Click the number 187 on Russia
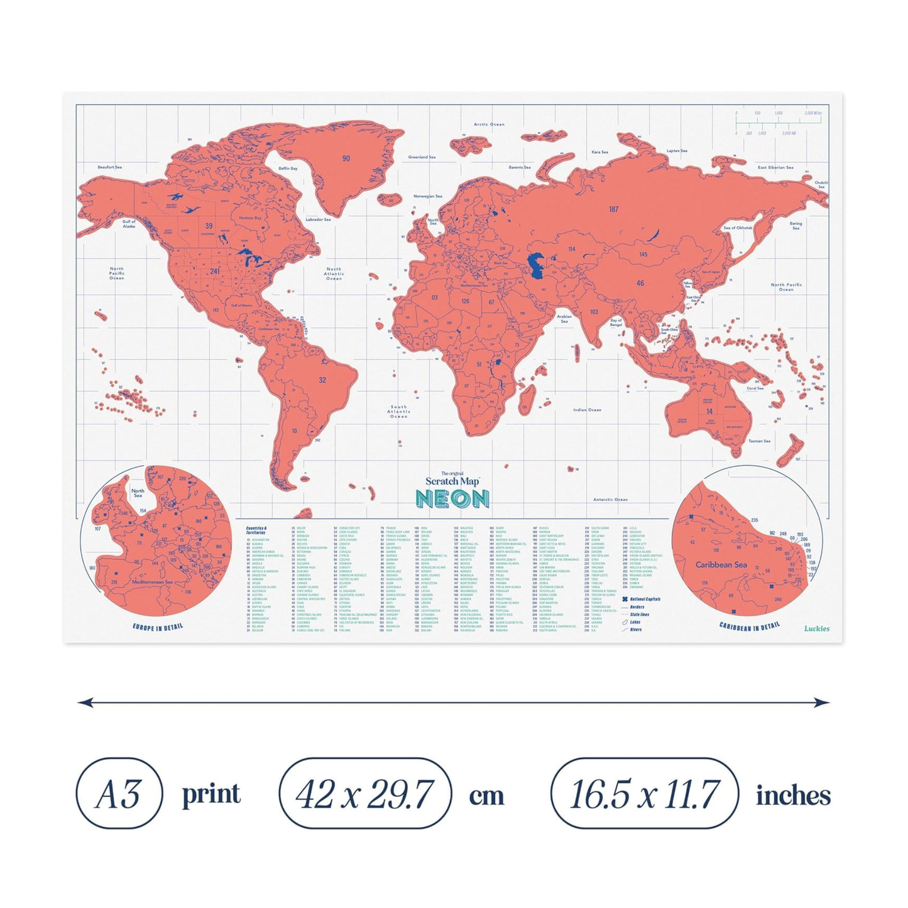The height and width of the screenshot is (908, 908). point(613,209)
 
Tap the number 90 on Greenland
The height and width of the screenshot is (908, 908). point(346,158)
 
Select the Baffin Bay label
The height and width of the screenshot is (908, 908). point(288,168)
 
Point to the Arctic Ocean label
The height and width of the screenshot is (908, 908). point(489,124)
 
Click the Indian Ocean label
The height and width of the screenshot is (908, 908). point(587,410)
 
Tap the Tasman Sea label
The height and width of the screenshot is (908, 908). point(759,441)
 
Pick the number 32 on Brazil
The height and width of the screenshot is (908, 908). point(322,380)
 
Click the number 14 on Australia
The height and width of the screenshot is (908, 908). point(709,412)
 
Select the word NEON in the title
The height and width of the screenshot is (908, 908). point(452,499)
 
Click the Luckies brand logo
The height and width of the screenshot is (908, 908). point(816,628)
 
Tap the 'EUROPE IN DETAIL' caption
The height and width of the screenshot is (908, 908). point(158,626)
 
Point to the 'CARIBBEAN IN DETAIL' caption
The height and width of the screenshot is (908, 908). point(749,626)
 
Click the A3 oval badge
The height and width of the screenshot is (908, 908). point(119,794)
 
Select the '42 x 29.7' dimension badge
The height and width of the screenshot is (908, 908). point(365,794)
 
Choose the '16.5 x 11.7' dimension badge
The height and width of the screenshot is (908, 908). point(644,794)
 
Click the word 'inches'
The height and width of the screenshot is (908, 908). point(793,796)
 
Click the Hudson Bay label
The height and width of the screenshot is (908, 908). point(249,218)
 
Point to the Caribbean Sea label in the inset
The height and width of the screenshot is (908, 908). point(721,565)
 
